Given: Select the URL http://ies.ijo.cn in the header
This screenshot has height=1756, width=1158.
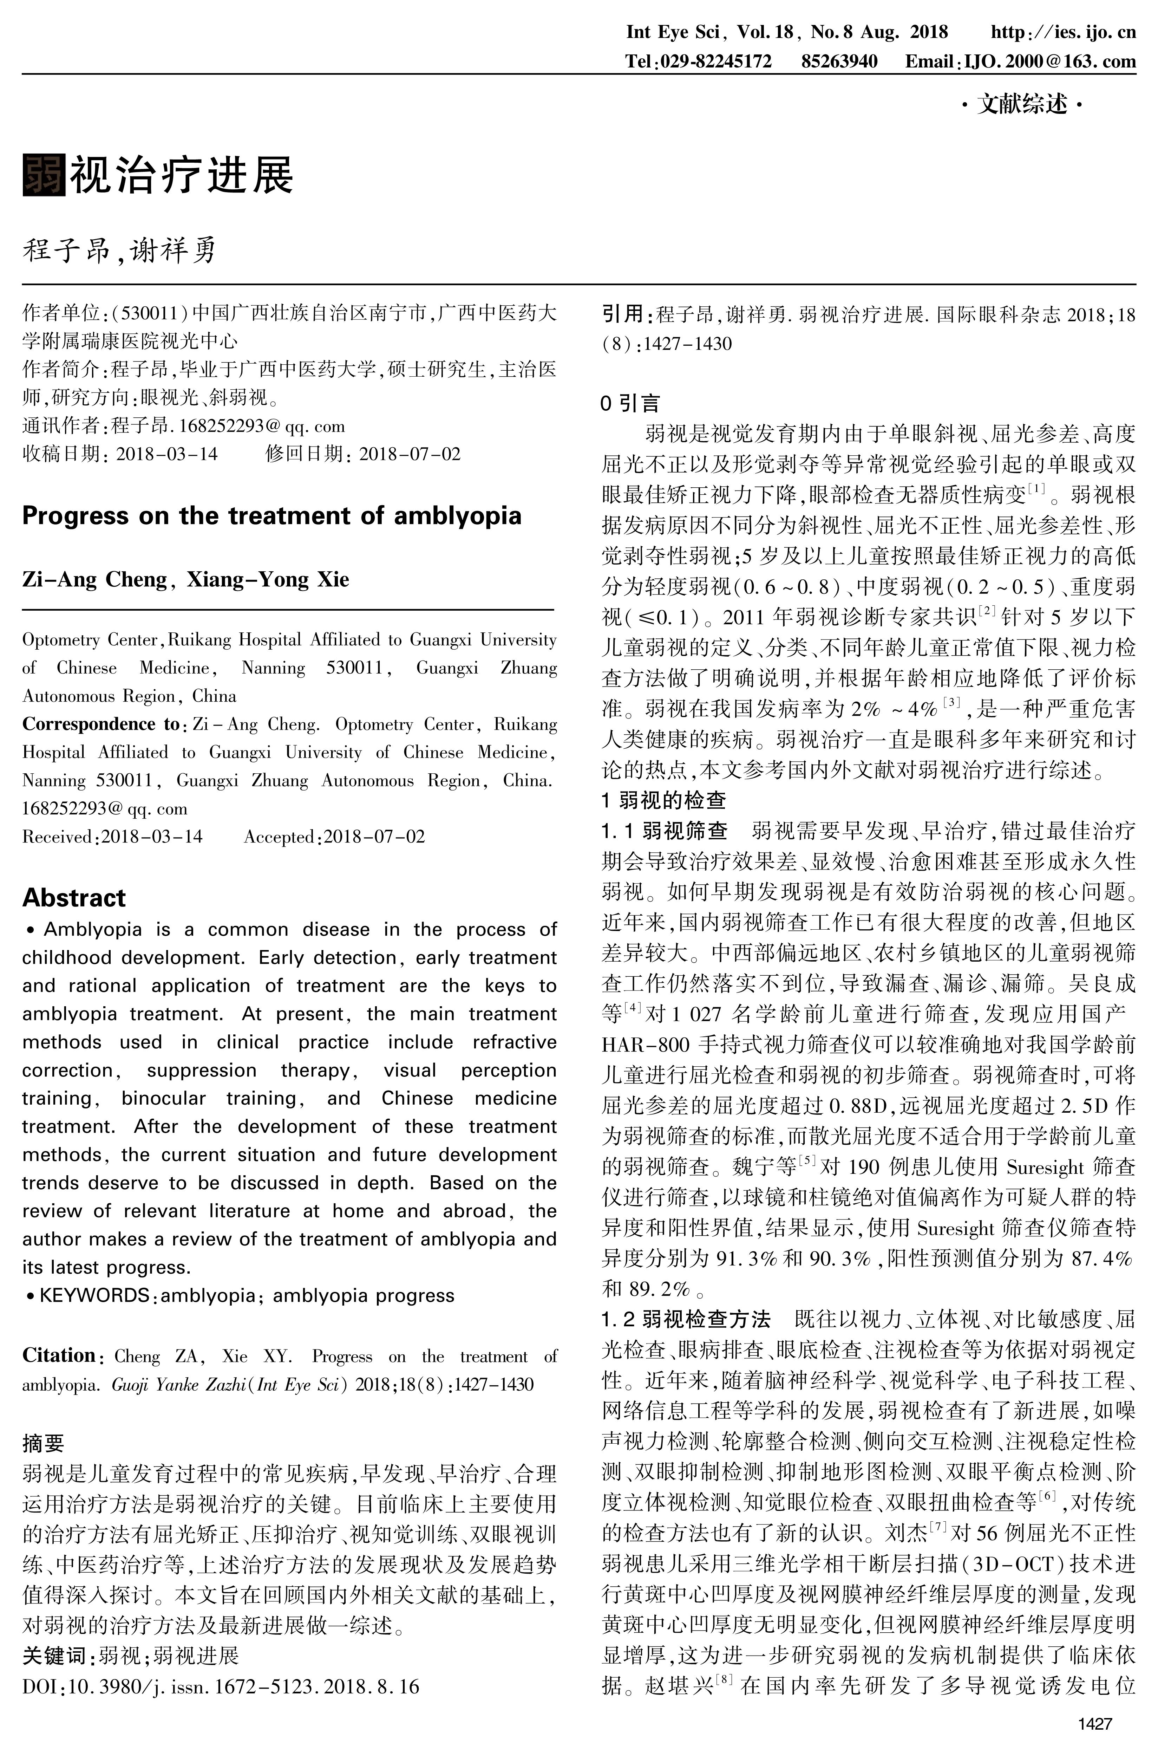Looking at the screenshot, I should tap(1063, 33).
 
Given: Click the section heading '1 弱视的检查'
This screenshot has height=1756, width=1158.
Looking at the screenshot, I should tap(664, 800).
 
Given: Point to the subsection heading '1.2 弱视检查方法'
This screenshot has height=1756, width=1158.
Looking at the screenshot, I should tap(686, 1319).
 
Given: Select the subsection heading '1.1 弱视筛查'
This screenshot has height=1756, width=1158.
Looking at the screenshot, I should tap(665, 831).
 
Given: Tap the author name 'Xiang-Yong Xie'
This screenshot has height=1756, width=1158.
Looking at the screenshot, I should tap(267, 579).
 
